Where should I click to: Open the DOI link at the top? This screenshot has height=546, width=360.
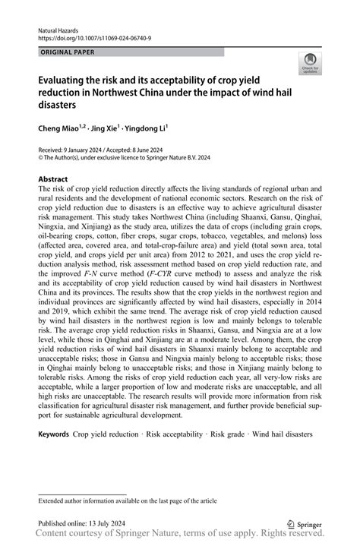[x=90, y=36]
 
